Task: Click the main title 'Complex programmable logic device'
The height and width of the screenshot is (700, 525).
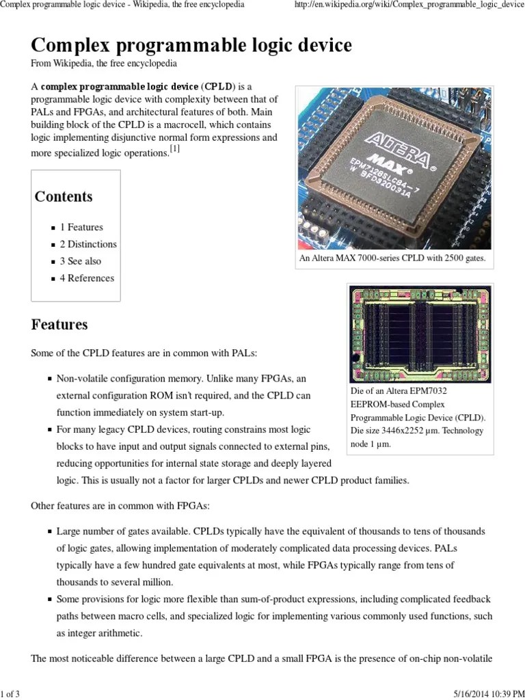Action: [x=191, y=46]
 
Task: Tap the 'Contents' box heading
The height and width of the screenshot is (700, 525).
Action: [x=64, y=197]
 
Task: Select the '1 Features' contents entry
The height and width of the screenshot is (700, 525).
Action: [x=81, y=227]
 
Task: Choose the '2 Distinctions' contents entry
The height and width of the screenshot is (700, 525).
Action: [x=88, y=244]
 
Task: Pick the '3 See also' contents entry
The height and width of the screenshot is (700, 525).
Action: [x=80, y=261]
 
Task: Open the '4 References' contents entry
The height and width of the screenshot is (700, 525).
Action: [x=87, y=278]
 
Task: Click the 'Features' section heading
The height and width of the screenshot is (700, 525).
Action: [x=59, y=325]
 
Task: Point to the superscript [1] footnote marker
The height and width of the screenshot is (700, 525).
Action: [x=175, y=150]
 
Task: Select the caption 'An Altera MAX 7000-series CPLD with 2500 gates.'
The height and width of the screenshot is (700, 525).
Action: [x=392, y=259]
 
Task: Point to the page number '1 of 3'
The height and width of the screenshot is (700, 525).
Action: [x=10, y=695]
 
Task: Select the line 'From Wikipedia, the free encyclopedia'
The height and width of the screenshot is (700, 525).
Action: [x=104, y=64]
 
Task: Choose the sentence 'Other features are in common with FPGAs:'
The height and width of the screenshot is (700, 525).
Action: [x=120, y=506]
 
